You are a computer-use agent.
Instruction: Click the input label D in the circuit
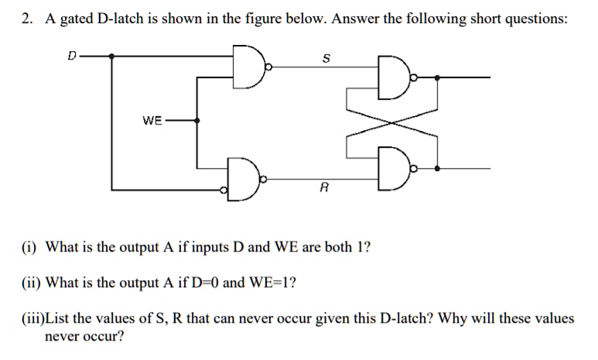click(x=72, y=55)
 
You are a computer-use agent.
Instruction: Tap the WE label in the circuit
click(x=152, y=121)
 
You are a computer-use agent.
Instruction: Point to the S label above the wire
click(x=326, y=58)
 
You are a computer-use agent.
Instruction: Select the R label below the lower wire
click(x=324, y=187)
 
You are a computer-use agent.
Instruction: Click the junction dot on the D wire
click(x=113, y=56)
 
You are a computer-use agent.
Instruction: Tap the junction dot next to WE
click(x=198, y=122)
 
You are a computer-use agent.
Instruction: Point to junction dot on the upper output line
click(x=439, y=78)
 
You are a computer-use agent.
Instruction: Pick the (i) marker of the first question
click(x=29, y=249)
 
